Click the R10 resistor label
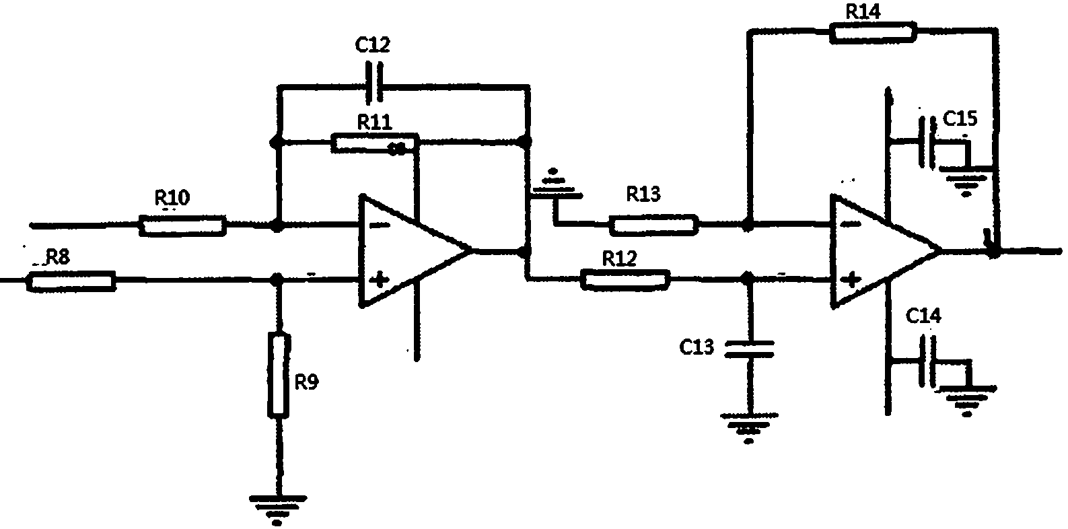[172, 197]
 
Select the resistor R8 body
[71, 281]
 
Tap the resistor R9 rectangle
[279, 376]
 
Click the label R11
[375, 122]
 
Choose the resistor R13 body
[653, 225]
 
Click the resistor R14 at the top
[873, 32]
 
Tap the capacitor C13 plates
[748, 349]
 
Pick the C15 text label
[960, 118]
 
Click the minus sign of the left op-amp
[380, 225]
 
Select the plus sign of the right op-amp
[851, 279]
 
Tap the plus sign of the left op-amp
[379, 280]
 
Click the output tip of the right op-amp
[942, 250]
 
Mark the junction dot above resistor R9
[277, 279]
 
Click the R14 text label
[863, 11]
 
